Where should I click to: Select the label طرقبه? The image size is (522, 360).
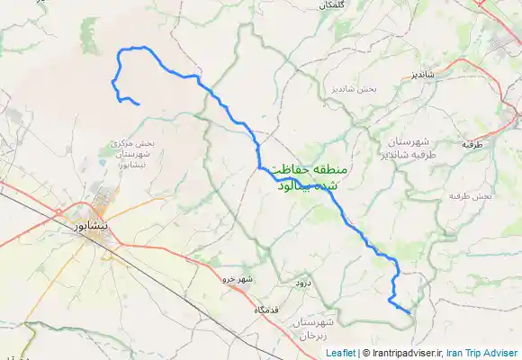coord(473,144)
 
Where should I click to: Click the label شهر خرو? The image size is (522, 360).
coord(240,280)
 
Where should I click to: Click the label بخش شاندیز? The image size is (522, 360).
coord(352,90)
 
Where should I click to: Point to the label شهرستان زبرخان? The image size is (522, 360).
coord(314,328)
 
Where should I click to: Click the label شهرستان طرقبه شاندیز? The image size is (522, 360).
coord(411,148)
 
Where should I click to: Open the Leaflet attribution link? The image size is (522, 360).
coord(341,353)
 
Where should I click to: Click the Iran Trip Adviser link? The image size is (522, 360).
coord(481,353)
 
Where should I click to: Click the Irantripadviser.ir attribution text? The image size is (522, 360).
coord(404,353)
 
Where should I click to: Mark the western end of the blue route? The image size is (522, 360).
coord(138,106)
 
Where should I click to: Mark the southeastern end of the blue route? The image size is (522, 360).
coord(409,313)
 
